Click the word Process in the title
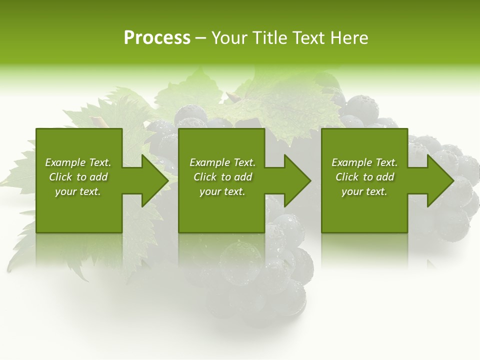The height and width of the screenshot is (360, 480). click(157, 37)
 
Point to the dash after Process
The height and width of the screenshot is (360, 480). click(200, 38)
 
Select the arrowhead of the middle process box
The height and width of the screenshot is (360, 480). click(297, 180)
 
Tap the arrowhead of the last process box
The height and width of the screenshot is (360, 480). click(440, 180)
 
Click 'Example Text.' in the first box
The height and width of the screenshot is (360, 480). click(78, 162)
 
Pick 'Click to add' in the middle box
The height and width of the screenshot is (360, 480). click(222, 177)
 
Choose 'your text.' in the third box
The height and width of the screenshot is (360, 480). click(364, 191)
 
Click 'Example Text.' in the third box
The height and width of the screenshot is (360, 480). click(364, 162)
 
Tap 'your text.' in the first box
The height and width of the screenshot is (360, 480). click(78, 191)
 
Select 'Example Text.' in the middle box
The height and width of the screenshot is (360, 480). click(222, 162)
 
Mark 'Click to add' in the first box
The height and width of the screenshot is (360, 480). click(78, 177)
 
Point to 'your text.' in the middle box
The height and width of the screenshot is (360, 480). click(222, 191)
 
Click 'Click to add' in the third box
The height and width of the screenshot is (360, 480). click(364, 177)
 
